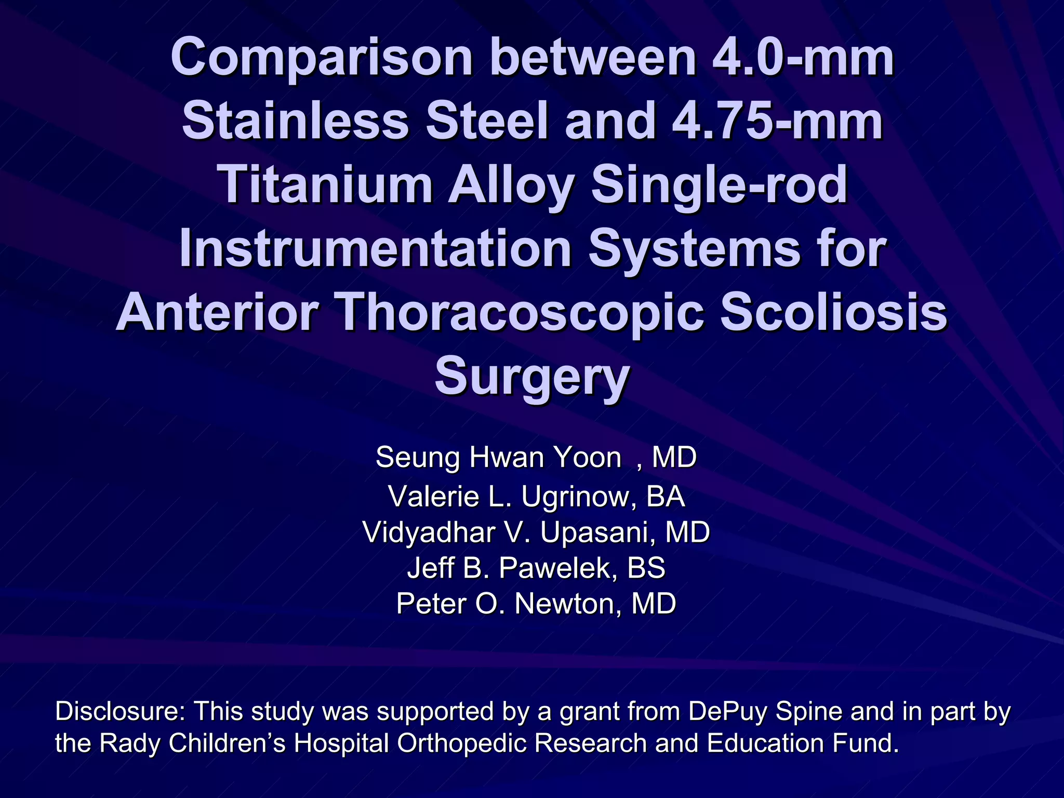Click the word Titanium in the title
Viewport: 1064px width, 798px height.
click(x=327, y=185)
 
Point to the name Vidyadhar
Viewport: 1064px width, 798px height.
click(x=428, y=533)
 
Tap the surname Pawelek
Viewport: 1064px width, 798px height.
click(x=558, y=568)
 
